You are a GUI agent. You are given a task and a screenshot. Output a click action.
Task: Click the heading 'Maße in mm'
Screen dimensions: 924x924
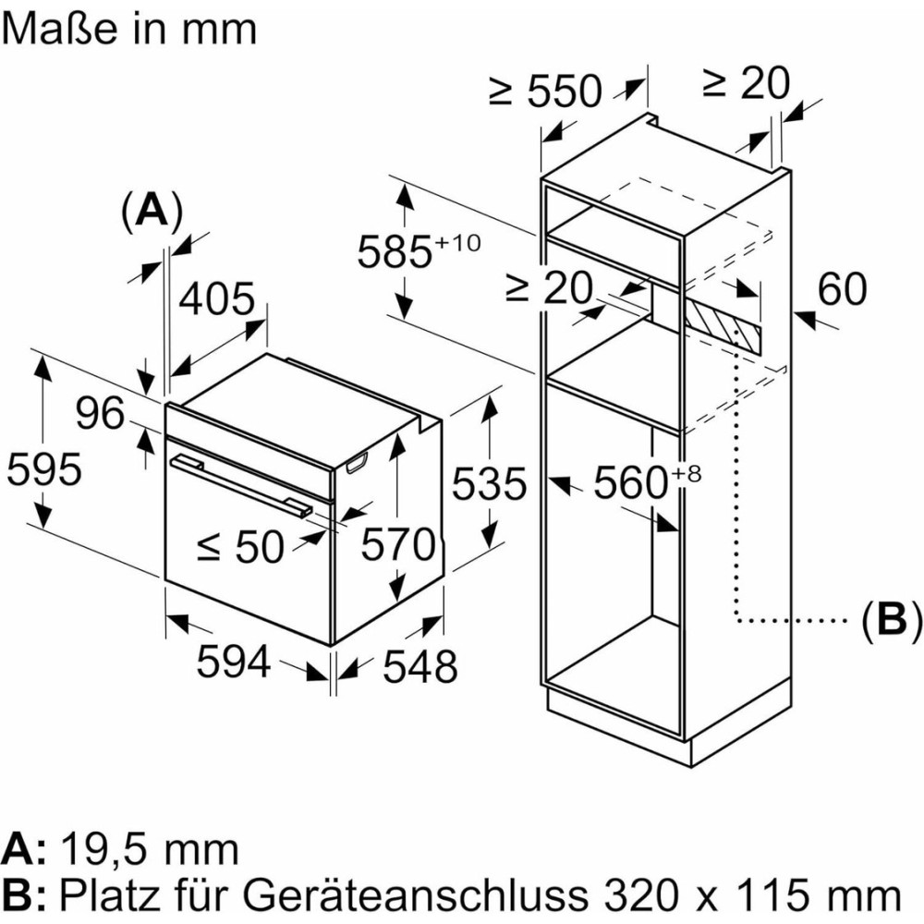[128, 29]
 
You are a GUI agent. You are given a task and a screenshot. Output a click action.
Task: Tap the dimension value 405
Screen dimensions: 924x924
[216, 299]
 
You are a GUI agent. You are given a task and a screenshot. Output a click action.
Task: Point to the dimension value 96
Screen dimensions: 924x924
[100, 414]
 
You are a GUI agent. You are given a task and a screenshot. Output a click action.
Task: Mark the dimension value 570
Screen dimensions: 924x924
[397, 545]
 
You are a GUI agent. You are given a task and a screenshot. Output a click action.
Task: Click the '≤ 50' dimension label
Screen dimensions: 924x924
[240, 548]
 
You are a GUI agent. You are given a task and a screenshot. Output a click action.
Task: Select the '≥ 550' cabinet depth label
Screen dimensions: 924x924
[545, 91]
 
